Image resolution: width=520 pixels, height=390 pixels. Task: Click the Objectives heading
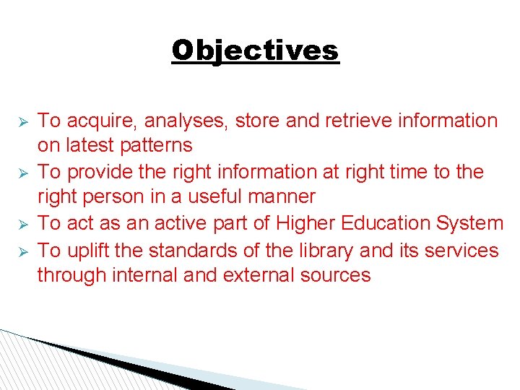(x=255, y=51)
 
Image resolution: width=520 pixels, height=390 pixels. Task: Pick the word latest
(x=90, y=145)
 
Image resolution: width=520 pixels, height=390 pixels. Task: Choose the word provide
(x=103, y=172)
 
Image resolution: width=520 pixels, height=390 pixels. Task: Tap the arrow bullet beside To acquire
(x=22, y=121)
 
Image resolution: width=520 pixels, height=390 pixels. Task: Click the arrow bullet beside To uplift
(x=22, y=251)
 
